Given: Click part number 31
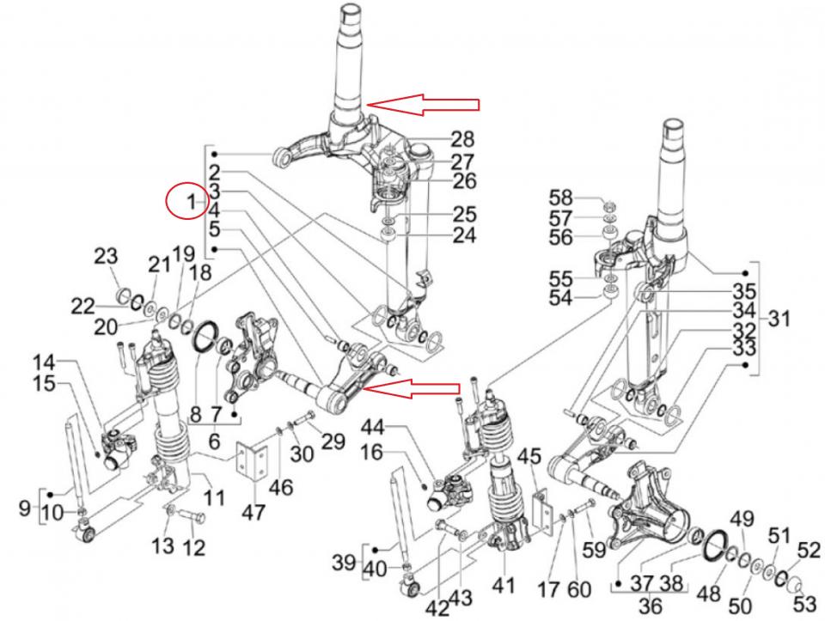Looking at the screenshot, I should tap(779, 320).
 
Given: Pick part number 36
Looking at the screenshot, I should tap(651, 605).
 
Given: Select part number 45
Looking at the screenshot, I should tap(530, 456).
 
